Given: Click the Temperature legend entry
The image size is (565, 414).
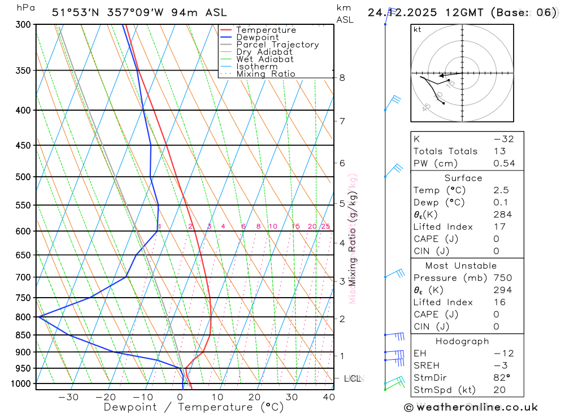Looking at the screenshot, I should (x=266, y=30).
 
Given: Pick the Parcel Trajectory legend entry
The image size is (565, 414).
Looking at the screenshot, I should (x=277, y=45).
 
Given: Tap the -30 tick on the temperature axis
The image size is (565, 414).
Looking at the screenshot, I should (x=68, y=397).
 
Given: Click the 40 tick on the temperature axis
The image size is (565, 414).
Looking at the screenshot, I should (x=328, y=397).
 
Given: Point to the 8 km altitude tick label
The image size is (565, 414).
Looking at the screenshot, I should (x=342, y=77).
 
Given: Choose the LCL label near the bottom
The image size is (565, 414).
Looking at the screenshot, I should (x=352, y=378).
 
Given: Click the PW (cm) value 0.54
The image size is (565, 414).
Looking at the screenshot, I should (x=504, y=163).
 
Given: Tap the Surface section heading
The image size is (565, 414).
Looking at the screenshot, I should (x=463, y=178).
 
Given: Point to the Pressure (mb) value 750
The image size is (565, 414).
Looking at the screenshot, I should (x=502, y=278).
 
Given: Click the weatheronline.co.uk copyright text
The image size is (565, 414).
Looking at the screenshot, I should (x=471, y=407).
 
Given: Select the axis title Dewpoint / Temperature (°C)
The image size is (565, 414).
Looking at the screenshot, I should (x=194, y=407).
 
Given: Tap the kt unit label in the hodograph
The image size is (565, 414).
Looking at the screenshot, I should (x=418, y=30).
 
